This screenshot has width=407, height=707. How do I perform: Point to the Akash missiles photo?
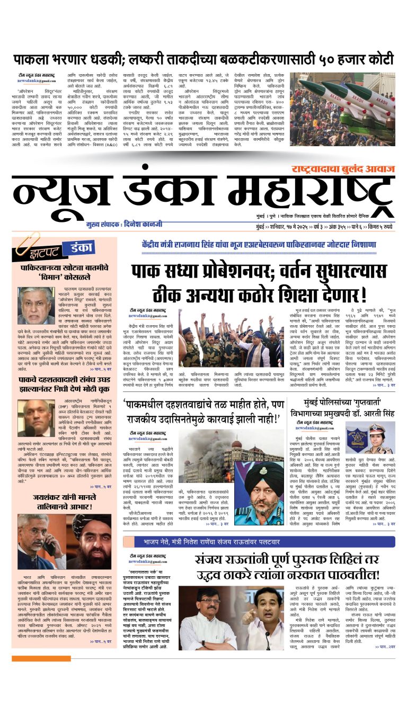[x=342, y=109]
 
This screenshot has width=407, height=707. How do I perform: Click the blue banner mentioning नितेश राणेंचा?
[x=261, y=542]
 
